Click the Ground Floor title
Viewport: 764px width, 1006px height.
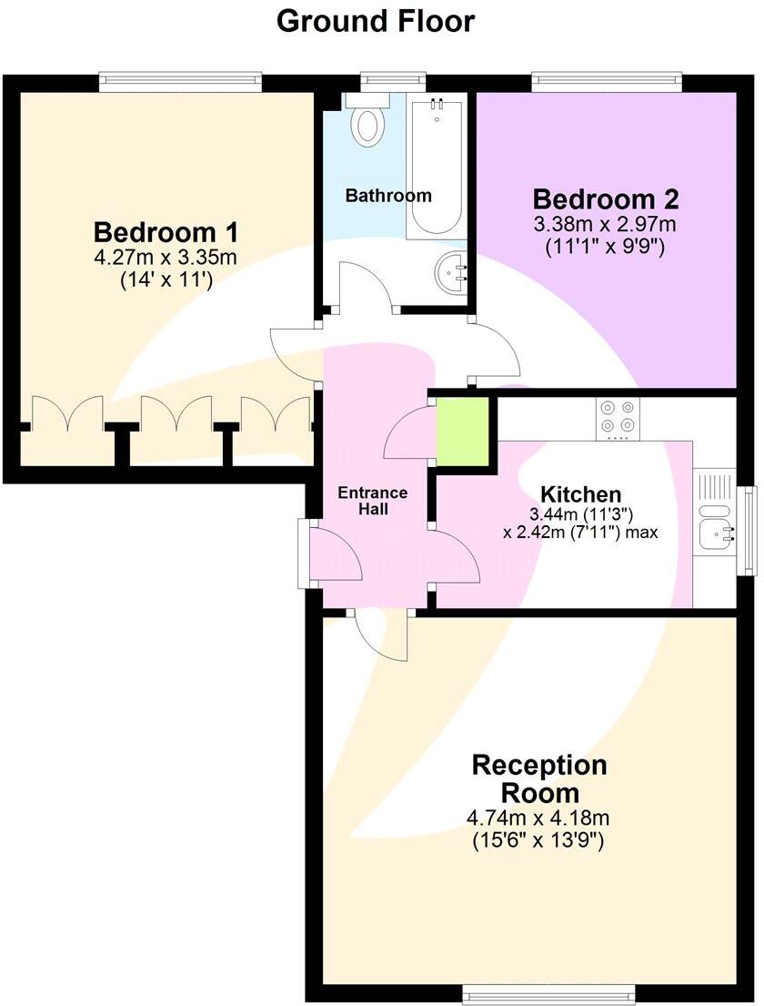[375, 21]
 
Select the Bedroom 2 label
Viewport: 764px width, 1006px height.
[606, 198]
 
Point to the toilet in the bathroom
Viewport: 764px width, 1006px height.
[368, 121]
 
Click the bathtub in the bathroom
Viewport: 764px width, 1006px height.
[437, 168]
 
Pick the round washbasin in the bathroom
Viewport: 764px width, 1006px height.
[452, 269]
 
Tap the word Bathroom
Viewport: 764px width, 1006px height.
[388, 196]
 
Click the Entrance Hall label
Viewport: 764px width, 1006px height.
[373, 501]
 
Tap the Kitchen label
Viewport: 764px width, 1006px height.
[581, 494]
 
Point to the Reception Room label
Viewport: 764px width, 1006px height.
[538, 777]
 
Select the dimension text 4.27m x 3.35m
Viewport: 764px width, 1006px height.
[166, 258]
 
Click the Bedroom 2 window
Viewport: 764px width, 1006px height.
[608, 81]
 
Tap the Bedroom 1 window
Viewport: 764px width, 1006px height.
[181, 81]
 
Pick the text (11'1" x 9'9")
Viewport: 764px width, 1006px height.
[606, 245]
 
